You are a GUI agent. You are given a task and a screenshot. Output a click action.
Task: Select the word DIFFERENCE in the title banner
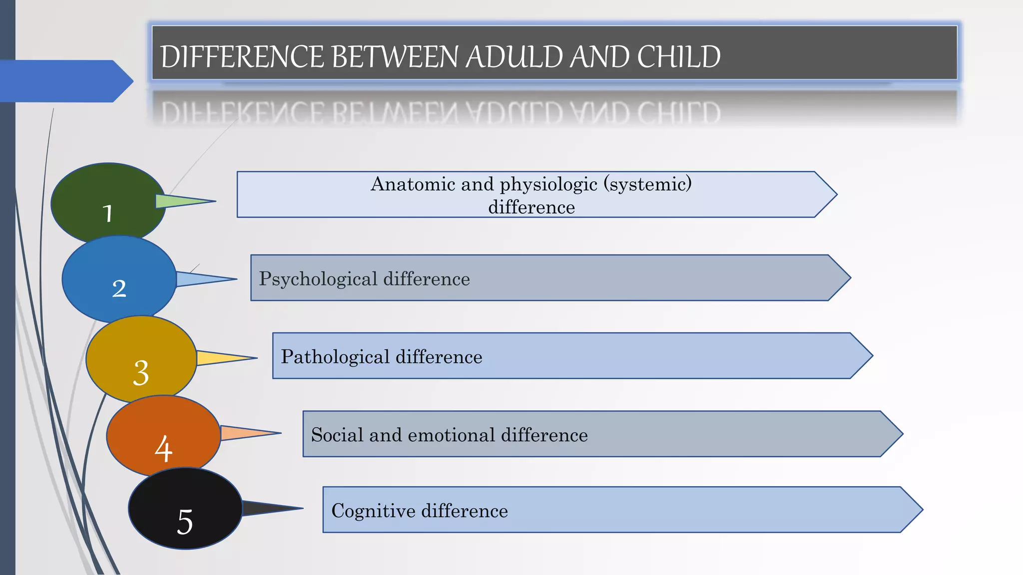[242, 56]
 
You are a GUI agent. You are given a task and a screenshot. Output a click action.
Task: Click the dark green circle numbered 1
[108, 202]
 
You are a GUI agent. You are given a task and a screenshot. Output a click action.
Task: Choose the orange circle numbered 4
[163, 435]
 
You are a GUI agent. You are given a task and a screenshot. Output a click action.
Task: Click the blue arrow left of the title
[65, 81]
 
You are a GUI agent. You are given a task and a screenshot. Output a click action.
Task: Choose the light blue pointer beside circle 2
[200, 279]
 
